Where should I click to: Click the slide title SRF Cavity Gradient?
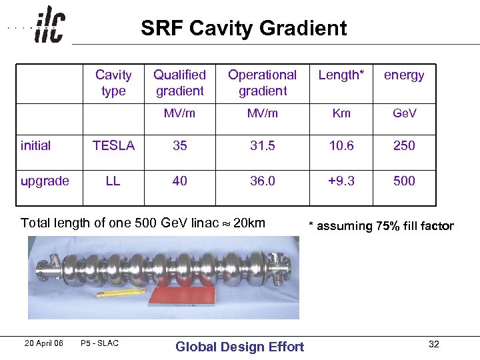click(243, 28)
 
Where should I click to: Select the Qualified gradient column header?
click(180, 83)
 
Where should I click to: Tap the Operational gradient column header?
click(263, 83)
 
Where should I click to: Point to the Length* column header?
click(341, 75)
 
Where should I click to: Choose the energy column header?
click(404, 75)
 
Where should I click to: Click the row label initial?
click(36, 145)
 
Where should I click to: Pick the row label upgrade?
click(45, 181)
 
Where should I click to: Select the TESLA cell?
click(113, 145)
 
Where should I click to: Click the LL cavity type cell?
click(113, 181)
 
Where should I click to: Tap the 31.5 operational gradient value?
click(263, 145)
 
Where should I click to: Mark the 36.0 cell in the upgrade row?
click(263, 181)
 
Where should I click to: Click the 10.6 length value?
click(341, 145)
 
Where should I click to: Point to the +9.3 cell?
click(341, 181)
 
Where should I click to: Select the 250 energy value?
click(404, 145)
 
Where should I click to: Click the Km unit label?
click(341, 113)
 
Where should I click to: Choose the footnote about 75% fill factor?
click(381, 226)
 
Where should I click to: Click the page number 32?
click(434, 344)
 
